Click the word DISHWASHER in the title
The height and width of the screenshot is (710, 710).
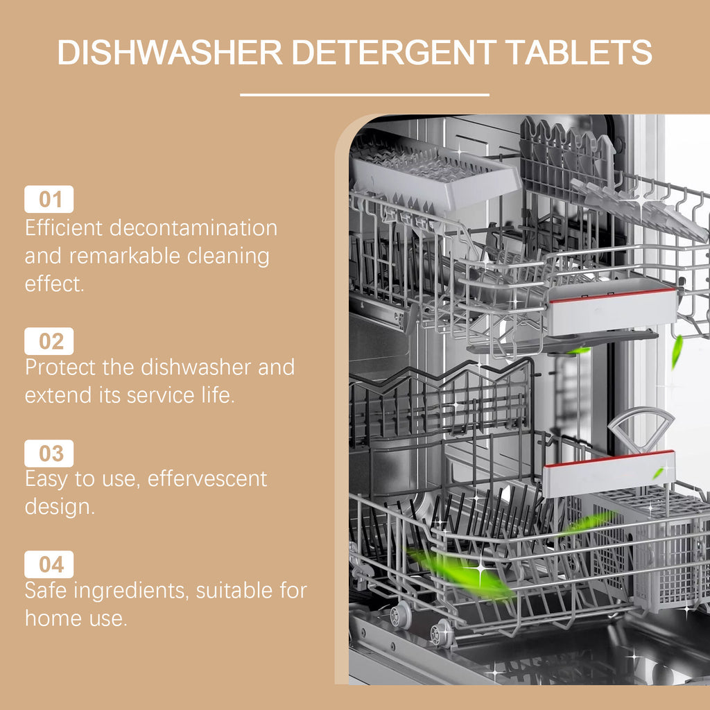(x=169, y=53)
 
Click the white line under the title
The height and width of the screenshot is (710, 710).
(x=365, y=94)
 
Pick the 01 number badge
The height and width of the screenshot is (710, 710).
(x=49, y=200)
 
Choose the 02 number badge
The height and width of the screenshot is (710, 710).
(x=49, y=341)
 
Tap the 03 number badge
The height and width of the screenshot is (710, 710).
(x=49, y=453)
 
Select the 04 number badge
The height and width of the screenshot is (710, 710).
(x=49, y=564)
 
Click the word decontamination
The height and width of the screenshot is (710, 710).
(x=193, y=227)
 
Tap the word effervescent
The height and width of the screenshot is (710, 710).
(x=207, y=478)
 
